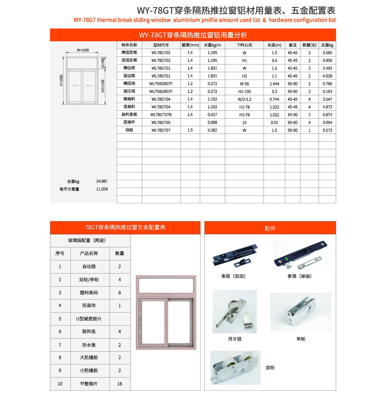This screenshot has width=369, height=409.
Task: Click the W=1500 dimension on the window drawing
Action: pos(83,50)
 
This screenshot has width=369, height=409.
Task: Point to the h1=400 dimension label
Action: pos(103,63)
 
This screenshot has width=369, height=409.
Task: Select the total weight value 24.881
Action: pos(102,181)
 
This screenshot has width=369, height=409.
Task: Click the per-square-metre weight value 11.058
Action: pos(102,189)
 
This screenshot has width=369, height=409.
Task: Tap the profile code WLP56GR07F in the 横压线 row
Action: pos(161,84)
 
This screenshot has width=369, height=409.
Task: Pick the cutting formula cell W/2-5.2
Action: pos(244,99)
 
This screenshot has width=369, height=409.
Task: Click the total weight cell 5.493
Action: pos(327,68)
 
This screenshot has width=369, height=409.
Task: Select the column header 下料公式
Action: pos(244,45)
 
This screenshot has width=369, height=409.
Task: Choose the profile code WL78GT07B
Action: pos(161,115)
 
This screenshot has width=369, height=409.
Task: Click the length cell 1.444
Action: pos(274,84)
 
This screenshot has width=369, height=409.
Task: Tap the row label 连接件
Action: pos(129,122)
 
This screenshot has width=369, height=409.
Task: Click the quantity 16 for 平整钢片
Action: pos(120,384)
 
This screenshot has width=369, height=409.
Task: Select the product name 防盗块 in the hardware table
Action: pos(89,306)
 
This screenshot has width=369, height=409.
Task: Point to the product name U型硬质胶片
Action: pos(89,319)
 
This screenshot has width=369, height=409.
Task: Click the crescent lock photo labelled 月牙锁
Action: pos(234,311)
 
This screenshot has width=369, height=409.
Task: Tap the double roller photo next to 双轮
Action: pos(235,367)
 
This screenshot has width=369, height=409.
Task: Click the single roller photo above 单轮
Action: pos(301,312)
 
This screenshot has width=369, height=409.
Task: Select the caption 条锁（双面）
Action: pos(233,276)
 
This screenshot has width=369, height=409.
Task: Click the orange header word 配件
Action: pos(270,229)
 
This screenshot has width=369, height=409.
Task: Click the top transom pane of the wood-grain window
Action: pos(166,285)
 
